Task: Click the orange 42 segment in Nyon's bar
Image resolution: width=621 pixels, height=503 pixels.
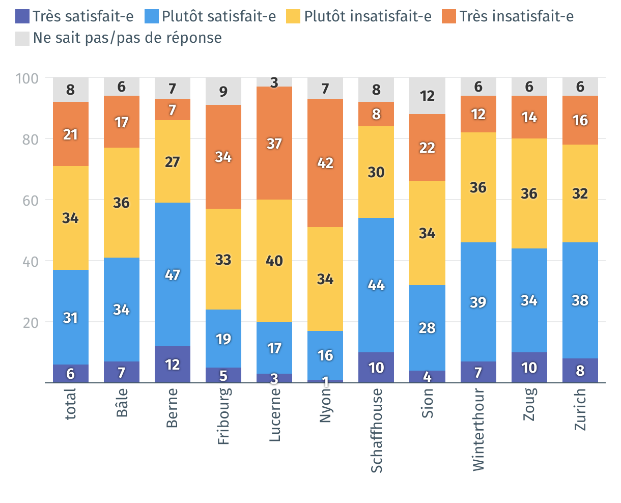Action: tap(325, 163)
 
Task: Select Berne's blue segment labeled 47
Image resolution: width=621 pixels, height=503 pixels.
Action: tap(173, 274)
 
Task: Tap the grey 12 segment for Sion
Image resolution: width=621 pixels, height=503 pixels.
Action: tap(427, 96)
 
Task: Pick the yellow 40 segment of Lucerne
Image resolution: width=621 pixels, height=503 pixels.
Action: tap(274, 261)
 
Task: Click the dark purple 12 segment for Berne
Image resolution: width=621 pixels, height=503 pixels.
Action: tap(173, 365)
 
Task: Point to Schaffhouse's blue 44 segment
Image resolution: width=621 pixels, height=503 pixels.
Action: tap(376, 285)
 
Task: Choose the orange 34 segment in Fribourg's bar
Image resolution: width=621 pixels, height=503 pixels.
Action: tap(223, 157)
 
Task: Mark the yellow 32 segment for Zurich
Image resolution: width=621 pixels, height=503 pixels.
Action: tap(580, 193)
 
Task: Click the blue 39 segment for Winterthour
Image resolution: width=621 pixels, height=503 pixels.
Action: tap(478, 302)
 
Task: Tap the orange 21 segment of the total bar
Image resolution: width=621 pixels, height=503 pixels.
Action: tap(71, 134)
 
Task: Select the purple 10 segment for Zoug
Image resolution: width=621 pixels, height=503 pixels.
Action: tap(529, 367)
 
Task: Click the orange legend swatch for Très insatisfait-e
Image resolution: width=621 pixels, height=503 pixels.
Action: tap(448, 16)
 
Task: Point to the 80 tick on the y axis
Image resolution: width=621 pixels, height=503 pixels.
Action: tap(30, 139)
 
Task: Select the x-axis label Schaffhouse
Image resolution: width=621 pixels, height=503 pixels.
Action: tap(377, 431)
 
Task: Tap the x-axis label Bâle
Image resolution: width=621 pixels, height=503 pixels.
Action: tap(122, 403)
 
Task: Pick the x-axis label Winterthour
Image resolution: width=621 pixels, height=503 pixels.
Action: tap(478, 430)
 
